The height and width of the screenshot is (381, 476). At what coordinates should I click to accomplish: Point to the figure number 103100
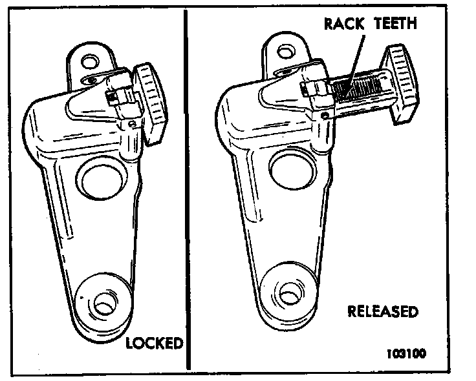tap(407, 353)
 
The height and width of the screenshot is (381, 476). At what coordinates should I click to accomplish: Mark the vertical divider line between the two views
tap(186, 194)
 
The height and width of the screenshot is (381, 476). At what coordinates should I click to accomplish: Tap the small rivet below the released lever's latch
tap(323, 117)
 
